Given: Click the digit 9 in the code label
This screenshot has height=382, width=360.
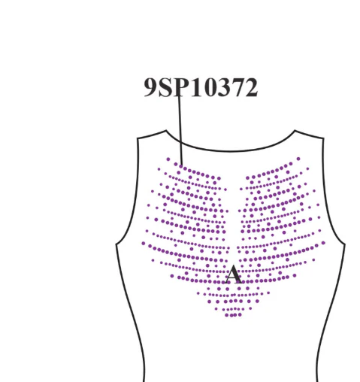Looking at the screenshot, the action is [x=151, y=87].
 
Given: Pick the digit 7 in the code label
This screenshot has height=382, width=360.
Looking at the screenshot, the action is [x=237, y=87].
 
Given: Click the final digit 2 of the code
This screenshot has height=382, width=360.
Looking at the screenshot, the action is [x=251, y=87].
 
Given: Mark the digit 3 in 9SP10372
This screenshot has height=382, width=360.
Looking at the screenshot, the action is [x=223, y=87].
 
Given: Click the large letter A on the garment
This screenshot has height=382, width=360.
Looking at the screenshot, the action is [x=234, y=274].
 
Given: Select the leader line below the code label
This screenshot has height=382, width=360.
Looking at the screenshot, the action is [x=180, y=130].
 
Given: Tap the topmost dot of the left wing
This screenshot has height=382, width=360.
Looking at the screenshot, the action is [x=168, y=159].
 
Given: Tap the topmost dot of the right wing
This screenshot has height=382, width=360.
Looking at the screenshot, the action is [x=298, y=159].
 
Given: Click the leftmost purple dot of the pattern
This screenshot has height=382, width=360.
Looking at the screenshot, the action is [x=144, y=244].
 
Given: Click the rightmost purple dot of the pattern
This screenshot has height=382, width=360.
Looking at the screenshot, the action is [x=323, y=243].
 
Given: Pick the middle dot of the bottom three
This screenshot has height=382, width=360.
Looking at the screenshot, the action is [x=234, y=315].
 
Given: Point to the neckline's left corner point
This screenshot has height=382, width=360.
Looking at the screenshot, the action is [x=166, y=130].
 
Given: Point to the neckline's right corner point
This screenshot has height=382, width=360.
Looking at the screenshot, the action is [x=295, y=130].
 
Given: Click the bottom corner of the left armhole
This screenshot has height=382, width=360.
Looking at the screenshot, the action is [x=116, y=244].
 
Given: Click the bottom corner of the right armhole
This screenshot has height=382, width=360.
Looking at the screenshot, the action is [x=345, y=244].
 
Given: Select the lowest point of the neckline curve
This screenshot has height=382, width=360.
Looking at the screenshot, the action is [x=231, y=151].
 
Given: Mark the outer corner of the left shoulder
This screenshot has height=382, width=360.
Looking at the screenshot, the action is [x=138, y=138].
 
